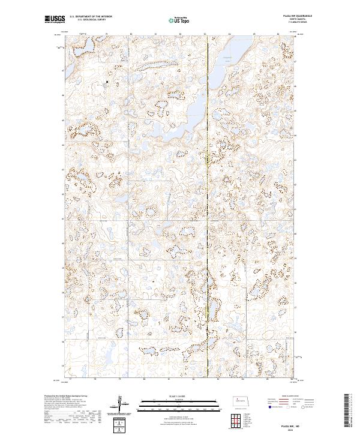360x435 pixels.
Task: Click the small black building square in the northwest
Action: click(107, 82)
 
